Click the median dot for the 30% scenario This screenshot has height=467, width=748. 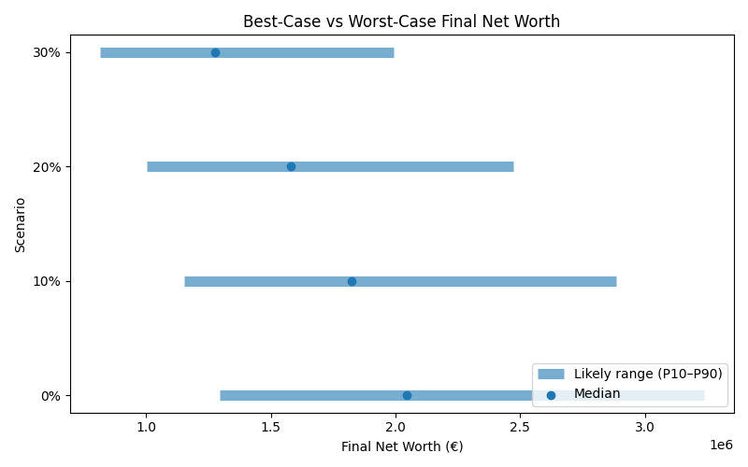click(215, 52)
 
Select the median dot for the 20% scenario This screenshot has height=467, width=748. click(291, 166)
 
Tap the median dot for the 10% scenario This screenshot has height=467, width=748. click(352, 281)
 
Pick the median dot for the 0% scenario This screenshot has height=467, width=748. click(407, 395)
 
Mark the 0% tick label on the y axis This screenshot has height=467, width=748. click(50, 396)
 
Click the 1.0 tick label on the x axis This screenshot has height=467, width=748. click(147, 427)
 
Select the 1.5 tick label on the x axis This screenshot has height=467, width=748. click(271, 427)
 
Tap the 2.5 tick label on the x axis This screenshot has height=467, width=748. click(521, 427)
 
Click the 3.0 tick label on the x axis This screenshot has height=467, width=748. click(645, 427)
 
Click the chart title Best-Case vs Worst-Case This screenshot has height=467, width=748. click(401, 21)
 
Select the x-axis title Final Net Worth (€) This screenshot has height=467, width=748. click(401, 446)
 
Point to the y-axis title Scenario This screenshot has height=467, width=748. click(21, 224)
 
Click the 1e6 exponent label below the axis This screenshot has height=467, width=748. click(721, 445)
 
